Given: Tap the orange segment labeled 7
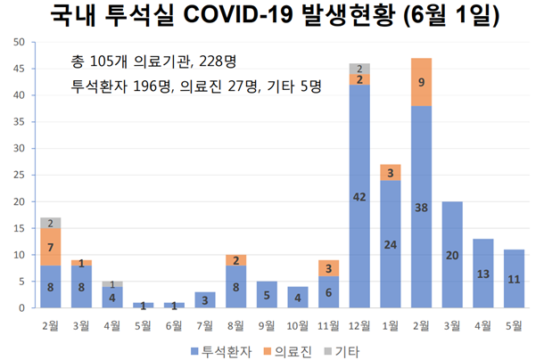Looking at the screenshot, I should (50, 246).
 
